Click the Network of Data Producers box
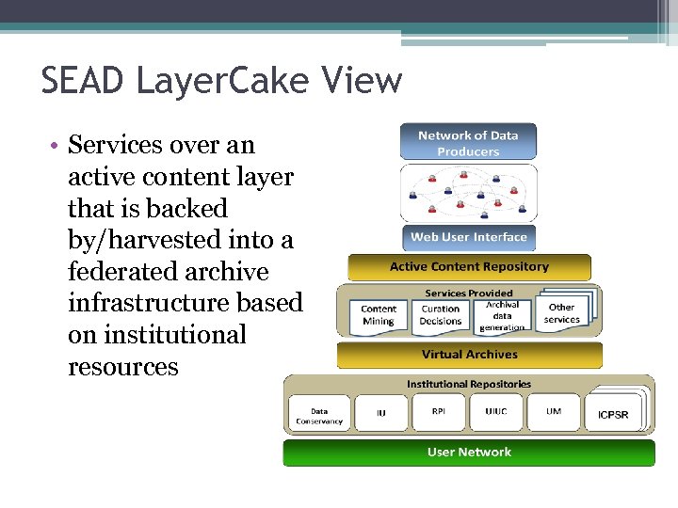(x=468, y=143)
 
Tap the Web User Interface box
(x=468, y=237)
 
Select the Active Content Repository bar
(x=469, y=267)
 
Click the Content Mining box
(x=379, y=315)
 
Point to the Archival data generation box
(x=501, y=315)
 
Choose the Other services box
(x=561, y=314)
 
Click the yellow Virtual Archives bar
(x=469, y=355)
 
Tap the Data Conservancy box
(x=319, y=413)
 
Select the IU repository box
(x=380, y=413)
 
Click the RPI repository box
(x=439, y=412)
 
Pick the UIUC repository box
(x=496, y=412)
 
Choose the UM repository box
(x=554, y=412)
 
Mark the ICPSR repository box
(x=613, y=414)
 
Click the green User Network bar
(x=469, y=452)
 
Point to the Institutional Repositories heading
(x=469, y=384)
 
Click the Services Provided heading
(x=469, y=294)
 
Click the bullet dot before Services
(x=56, y=146)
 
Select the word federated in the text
(x=119, y=272)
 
